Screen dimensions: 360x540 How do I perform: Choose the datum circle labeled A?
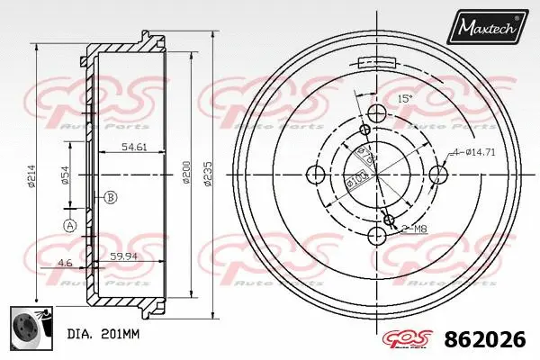click(x=69, y=226)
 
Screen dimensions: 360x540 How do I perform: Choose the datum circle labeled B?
click(x=110, y=197)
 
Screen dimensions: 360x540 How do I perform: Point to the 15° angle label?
click(x=405, y=99)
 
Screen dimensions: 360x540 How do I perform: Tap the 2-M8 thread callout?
click(x=415, y=229)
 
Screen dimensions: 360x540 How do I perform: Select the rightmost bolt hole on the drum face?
click(x=437, y=173)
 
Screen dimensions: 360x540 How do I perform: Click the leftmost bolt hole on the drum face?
click(x=315, y=173)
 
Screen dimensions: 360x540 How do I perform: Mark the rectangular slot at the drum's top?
click(x=376, y=62)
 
